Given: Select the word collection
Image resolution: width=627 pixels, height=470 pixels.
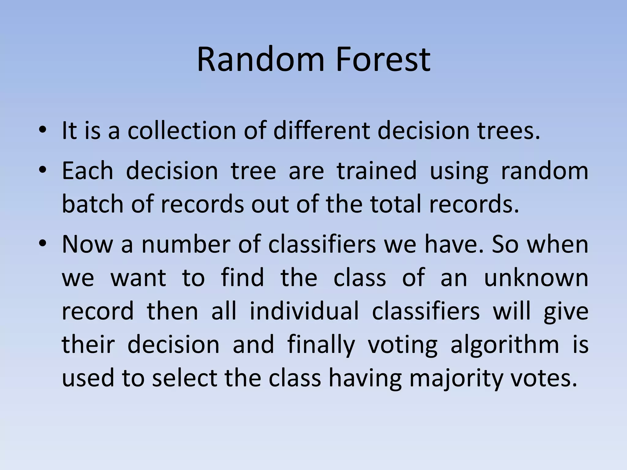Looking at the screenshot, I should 182,131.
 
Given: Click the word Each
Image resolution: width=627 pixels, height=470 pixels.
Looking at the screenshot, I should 88,171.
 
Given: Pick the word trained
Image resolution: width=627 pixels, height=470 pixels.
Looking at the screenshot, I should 377,171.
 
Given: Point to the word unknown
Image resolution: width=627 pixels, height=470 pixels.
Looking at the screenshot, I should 536,278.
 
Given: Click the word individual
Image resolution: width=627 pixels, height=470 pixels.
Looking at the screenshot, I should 304,311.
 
